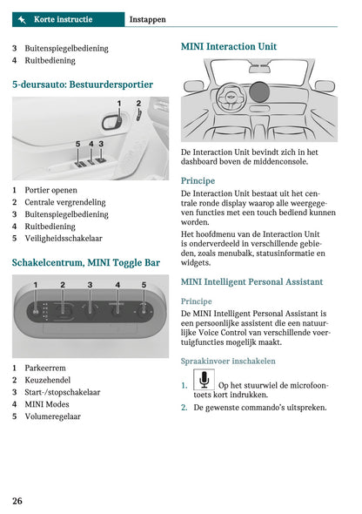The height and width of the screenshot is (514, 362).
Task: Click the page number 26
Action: coord(17,500)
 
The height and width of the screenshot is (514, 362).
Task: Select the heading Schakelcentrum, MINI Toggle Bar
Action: coord(85,261)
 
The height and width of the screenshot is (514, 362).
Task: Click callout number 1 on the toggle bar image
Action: coord(36,285)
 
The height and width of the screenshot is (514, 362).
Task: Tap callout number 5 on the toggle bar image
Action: coord(144,285)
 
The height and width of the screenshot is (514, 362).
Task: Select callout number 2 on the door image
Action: coord(137,104)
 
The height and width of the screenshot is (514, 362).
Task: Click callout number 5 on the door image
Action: coord(77,144)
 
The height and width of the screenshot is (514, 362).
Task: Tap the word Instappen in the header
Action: coord(153,18)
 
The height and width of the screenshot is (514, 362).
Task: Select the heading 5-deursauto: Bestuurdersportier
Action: coord(83,85)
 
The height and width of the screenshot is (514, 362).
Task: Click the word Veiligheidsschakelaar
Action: coord(64,238)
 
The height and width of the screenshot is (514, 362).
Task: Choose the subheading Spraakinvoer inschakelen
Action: coord(228,361)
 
